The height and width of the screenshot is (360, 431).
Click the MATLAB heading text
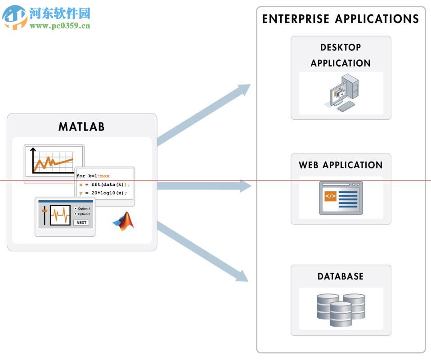point(81,127)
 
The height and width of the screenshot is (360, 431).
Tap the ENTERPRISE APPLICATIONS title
point(341,19)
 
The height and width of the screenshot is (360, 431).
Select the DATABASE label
point(341,277)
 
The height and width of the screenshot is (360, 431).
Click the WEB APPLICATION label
point(341,165)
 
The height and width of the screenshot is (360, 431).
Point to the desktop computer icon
point(341,93)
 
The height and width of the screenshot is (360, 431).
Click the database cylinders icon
point(341,310)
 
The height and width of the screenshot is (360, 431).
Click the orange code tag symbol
point(330,196)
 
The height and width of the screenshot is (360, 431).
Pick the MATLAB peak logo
point(124,221)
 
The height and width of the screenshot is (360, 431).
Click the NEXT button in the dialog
point(81,222)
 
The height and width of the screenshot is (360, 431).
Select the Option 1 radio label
point(83,209)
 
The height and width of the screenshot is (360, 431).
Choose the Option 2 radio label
point(83,214)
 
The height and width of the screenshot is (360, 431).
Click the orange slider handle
point(45,211)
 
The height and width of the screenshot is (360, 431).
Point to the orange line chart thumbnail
point(54,163)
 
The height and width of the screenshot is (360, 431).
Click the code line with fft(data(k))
point(104,184)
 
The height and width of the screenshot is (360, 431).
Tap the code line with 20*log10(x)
point(103,193)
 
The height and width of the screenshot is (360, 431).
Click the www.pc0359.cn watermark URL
point(60,26)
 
